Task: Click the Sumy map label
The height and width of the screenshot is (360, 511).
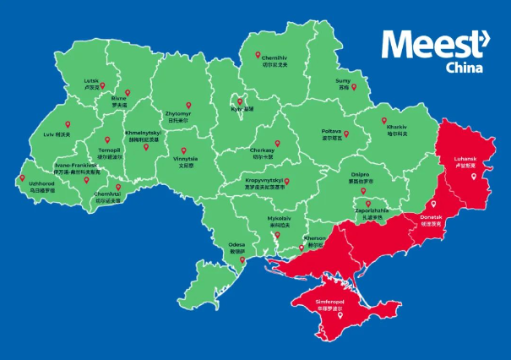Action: pos(344,81)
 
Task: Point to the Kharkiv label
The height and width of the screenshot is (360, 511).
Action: pos(397,128)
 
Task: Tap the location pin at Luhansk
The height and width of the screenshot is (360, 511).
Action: pos(474,175)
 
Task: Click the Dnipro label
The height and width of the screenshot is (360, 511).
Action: pos(360,176)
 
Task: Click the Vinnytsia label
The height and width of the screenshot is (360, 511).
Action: pos(185,158)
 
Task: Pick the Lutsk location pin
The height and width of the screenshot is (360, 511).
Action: pos(103,85)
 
